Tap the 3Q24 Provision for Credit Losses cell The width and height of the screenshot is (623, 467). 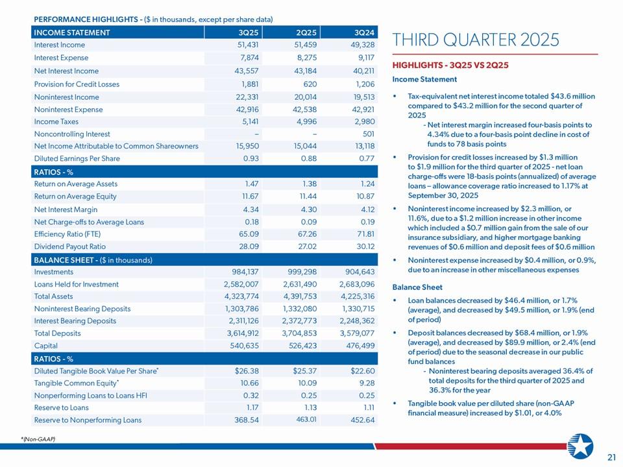tap(361, 84)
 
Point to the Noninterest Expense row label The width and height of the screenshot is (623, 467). tap(68, 110)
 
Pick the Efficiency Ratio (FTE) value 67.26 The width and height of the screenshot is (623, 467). tap(304, 233)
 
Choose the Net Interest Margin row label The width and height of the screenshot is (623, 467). tap(66, 210)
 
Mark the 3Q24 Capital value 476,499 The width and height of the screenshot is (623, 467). tap(357, 346)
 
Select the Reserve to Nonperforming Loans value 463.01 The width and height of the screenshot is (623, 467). tap(307, 420)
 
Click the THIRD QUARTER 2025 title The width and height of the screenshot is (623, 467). tap(476, 40)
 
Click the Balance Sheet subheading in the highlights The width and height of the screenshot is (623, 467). tap(417, 287)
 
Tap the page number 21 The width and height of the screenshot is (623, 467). tap(611, 457)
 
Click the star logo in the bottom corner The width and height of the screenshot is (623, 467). tap(580, 446)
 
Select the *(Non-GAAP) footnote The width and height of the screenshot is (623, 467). tap(38, 440)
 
